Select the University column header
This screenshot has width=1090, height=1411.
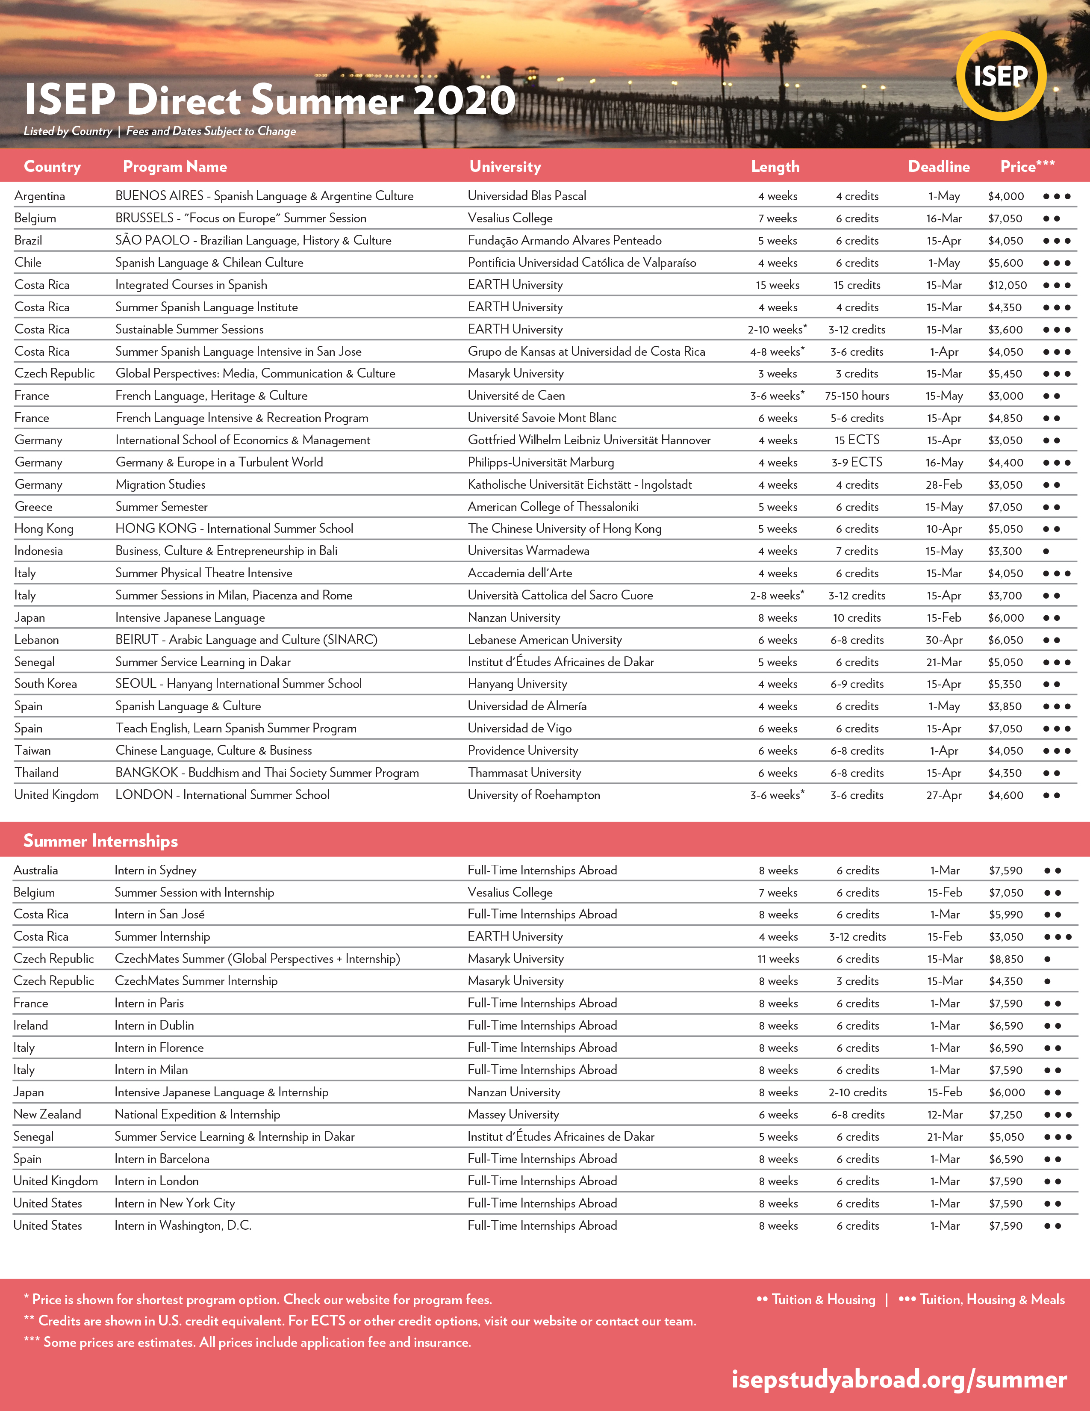pyautogui.click(x=505, y=167)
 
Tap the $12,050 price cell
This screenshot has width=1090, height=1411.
pyautogui.click(x=1007, y=285)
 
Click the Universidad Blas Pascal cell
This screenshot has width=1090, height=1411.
pyautogui.click(x=527, y=196)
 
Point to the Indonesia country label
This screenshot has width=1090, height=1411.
pyautogui.click(x=39, y=551)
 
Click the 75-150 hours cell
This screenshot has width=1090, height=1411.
pyautogui.click(x=857, y=396)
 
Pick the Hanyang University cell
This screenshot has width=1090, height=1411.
pyautogui.click(x=517, y=684)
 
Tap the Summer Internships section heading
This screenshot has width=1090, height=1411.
pyautogui.click(x=101, y=841)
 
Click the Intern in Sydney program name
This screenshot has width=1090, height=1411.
pyautogui.click(x=156, y=870)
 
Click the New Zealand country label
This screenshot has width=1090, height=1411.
pyautogui.click(x=47, y=1114)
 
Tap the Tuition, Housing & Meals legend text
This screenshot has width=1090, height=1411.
pyautogui.click(x=991, y=1299)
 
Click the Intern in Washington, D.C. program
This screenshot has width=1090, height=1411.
pyautogui.click(x=183, y=1225)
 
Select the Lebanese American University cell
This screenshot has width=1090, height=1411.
pyautogui.click(x=544, y=640)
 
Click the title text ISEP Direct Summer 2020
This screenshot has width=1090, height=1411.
pyautogui.click(x=270, y=100)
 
